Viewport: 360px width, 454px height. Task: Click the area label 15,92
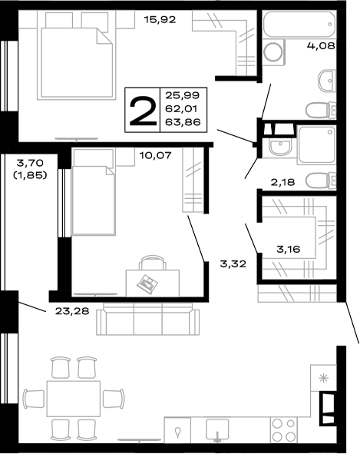click(160, 19)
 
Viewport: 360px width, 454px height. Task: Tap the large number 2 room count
click(142, 109)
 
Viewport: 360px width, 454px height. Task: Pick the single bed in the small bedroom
click(93, 192)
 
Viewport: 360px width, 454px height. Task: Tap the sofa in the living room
click(147, 320)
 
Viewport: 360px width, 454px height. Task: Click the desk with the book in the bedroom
click(150, 279)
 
